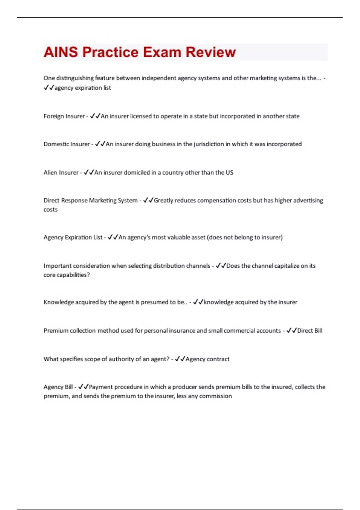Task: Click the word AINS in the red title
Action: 61,52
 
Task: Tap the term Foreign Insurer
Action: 64,116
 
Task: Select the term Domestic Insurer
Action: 66,144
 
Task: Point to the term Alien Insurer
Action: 61,172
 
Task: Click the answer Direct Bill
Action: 310,331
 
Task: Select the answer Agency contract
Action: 207,359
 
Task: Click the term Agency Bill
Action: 58,387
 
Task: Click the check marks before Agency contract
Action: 180,359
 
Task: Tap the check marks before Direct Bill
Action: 291,330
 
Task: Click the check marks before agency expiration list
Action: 49,88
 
